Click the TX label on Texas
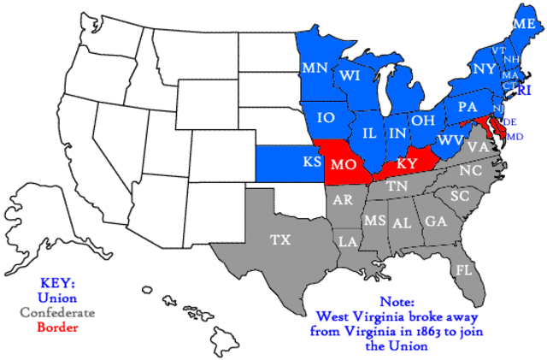(280, 240)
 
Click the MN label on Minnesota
(313, 66)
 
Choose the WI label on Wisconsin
(349, 76)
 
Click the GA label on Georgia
(436, 221)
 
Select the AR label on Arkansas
(343, 200)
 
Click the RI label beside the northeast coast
(525, 90)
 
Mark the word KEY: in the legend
(57, 283)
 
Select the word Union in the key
(57, 298)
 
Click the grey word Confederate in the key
(57, 312)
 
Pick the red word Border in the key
(57, 328)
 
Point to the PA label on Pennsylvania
(467, 108)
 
